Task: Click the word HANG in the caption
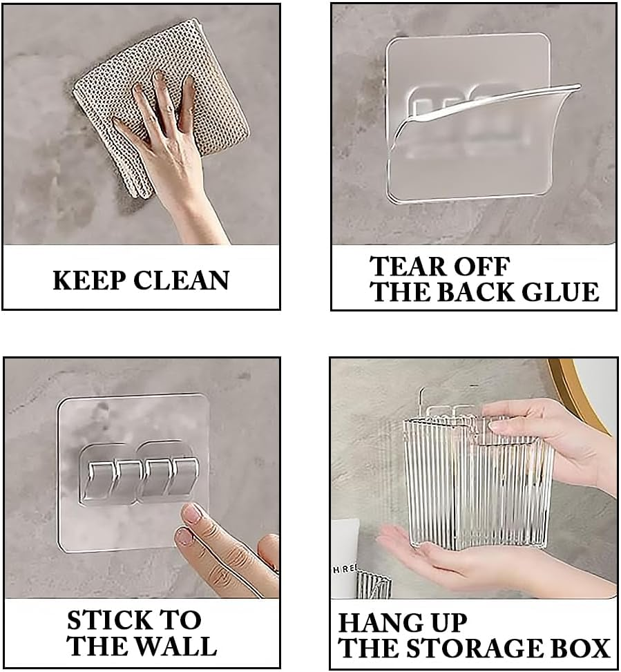pyautogui.click(x=377, y=622)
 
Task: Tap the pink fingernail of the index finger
pyautogui.click(x=192, y=512)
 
